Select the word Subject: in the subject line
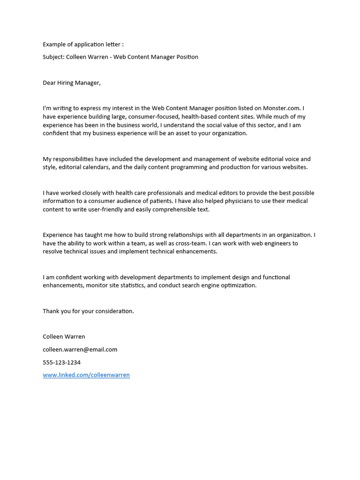click(x=53, y=57)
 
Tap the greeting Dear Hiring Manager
click(x=72, y=83)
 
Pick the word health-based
click(x=199, y=117)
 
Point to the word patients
click(x=158, y=201)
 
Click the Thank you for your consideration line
click(x=88, y=311)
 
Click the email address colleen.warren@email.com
click(x=80, y=350)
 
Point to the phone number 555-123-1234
click(x=61, y=362)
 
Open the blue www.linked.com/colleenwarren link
click(x=86, y=375)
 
